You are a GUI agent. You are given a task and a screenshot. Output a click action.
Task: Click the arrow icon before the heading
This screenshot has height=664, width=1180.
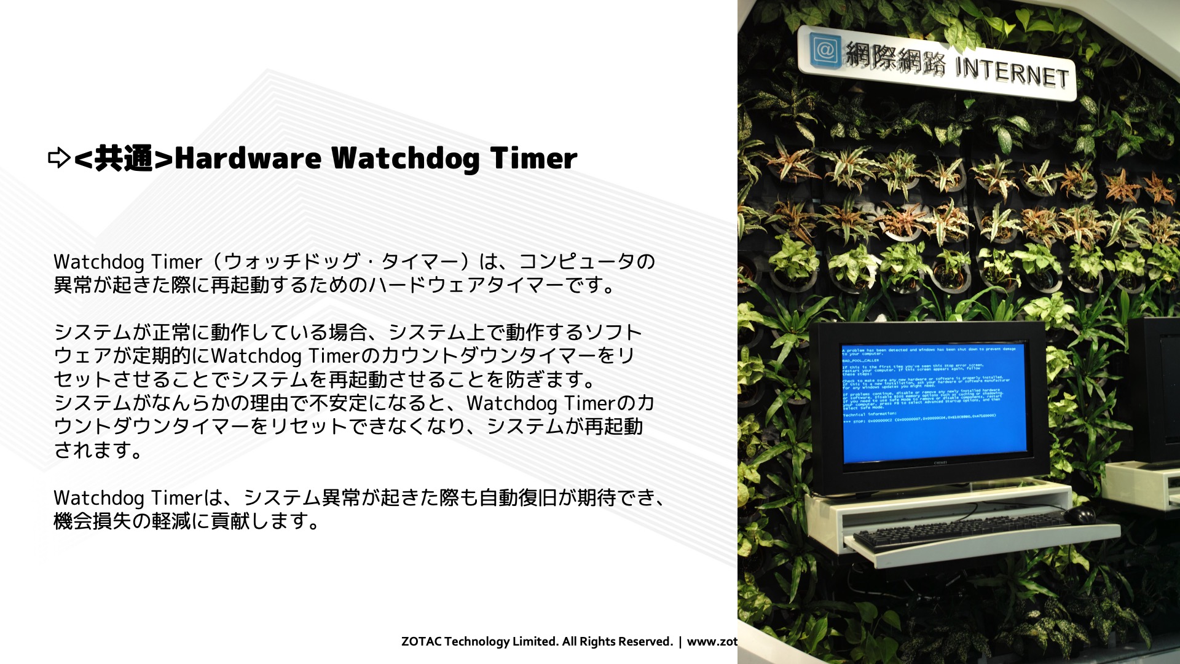pyautogui.click(x=59, y=158)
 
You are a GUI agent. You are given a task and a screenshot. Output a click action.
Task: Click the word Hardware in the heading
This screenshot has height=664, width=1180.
pyautogui.click(x=248, y=158)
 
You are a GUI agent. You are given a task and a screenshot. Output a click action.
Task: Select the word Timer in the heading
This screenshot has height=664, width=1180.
pyautogui.click(x=533, y=158)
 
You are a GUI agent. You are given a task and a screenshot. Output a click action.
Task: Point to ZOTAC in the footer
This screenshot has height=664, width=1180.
pyautogui.click(x=421, y=641)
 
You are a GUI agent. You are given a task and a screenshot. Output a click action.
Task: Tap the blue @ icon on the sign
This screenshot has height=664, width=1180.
pyautogui.click(x=824, y=50)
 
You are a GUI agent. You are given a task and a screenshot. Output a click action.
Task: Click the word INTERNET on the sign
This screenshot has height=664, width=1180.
pyautogui.click(x=1012, y=72)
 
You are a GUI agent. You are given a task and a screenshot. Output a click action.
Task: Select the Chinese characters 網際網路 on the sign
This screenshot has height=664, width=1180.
pyautogui.click(x=895, y=58)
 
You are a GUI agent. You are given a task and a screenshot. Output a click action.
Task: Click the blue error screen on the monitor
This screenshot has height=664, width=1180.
pyautogui.click(x=933, y=403)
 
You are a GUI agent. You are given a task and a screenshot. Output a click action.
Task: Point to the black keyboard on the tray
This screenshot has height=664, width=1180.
pyautogui.click(x=959, y=529)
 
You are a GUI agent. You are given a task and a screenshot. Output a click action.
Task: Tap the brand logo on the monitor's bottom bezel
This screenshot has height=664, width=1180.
pyautogui.click(x=940, y=462)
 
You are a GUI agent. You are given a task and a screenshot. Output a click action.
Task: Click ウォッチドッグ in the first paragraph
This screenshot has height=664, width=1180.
pyautogui.click(x=291, y=261)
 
